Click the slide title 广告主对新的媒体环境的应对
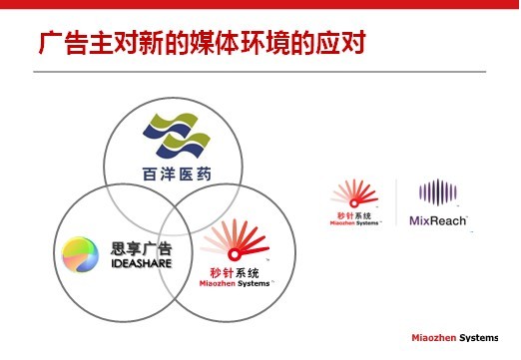coord(203,43)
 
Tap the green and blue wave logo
coord(177,136)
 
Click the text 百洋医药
coord(177,175)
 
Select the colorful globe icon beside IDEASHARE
coord(80,254)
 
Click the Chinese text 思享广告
coord(142,248)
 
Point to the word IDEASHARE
coord(142,263)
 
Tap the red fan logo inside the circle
coord(236,240)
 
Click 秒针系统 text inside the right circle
coord(235,273)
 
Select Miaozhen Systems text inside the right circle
coord(235,283)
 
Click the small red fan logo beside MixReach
coord(354,193)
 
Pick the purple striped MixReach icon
coord(438,192)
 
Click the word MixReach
coord(438,220)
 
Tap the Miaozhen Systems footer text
coord(455,338)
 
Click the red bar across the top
coord(260,4)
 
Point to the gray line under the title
coord(260,72)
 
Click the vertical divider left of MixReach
coord(396,202)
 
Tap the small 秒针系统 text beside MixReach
coord(354,216)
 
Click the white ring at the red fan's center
coord(235,255)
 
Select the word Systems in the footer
coord(479,338)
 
